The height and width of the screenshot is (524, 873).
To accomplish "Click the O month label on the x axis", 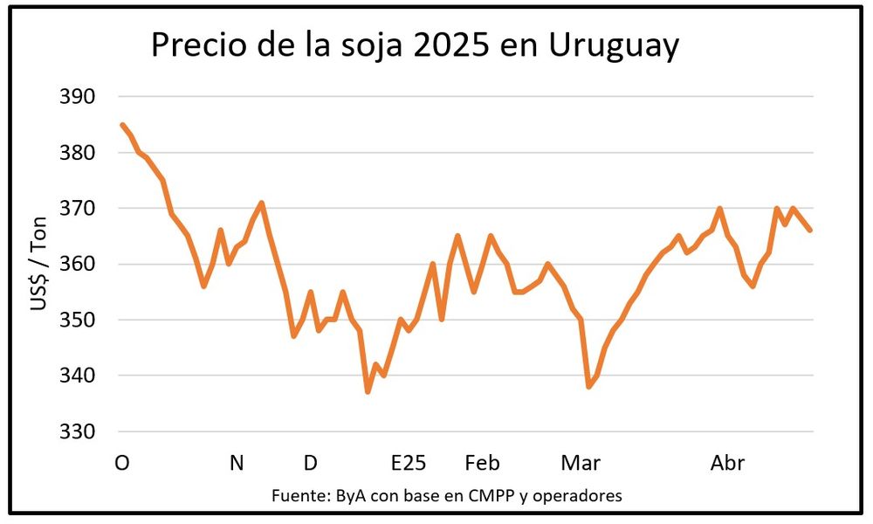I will (122, 463).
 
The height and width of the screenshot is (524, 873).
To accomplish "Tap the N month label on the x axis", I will (237, 463).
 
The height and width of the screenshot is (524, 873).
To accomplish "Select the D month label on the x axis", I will (310, 463).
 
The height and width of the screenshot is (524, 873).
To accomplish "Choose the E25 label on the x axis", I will (409, 463).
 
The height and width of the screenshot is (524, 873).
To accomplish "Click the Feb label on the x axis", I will (482, 463).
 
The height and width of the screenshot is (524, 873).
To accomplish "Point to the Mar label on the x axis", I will (581, 463).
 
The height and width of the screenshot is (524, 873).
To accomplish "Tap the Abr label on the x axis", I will (727, 463).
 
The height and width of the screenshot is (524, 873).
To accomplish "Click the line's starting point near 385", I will (122, 125).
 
